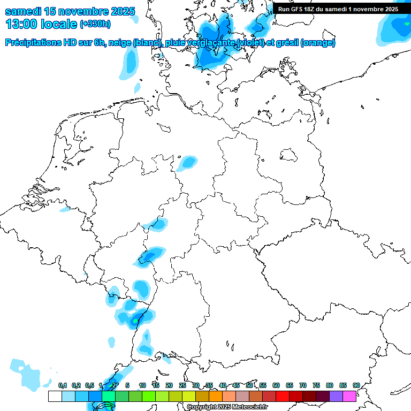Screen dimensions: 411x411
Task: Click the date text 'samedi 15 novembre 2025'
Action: pyautogui.click(x=70, y=11)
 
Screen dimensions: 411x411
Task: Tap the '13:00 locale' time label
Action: pyautogui.click(x=41, y=24)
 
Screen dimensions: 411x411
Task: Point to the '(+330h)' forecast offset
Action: pyautogui.click(x=95, y=24)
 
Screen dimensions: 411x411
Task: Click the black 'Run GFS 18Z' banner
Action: pyautogui.click(x=338, y=9)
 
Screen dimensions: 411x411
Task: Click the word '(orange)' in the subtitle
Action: pyautogui.click(x=318, y=43)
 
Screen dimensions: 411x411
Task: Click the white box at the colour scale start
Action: pyautogui.click(x=55, y=397)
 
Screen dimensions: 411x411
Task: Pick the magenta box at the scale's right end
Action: pyautogui.click(x=349, y=397)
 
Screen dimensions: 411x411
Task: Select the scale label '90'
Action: pyautogui.click(x=356, y=386)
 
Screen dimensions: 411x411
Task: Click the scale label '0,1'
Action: pyautogui.click(x=63, y=386)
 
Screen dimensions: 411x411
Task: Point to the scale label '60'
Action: pyautogui.click(x=276, y=386)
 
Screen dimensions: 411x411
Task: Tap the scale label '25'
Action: pyautogui.click(x=182, y=386)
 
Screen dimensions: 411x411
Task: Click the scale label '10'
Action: pyautogui.click(x=142, y=386)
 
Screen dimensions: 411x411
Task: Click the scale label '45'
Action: pyautogui.click(x=236, y=386)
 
